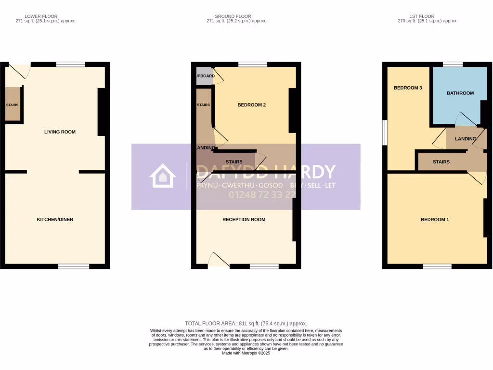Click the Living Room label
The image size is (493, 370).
tap(60, 132)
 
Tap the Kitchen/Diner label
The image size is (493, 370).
tap(55, 220)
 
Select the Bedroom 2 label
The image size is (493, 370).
tap(252, 105)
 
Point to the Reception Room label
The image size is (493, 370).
tap(244, 220)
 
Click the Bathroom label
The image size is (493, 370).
tap(460, 93)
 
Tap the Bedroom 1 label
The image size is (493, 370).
tap(435, 220)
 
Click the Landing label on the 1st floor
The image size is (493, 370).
tap(465, 139)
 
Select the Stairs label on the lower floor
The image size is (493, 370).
tap(13, 104)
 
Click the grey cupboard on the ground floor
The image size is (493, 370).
tap(204, 76)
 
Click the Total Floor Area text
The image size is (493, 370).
tap(246, 324)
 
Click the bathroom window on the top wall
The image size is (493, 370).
tap(453, 64)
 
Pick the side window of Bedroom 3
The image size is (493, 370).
tap(385, 132)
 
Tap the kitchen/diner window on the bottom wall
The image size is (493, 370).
tap(74, 266)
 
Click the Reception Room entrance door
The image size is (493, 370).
tap(218, 260)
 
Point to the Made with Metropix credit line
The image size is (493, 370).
tap(246, 353)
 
